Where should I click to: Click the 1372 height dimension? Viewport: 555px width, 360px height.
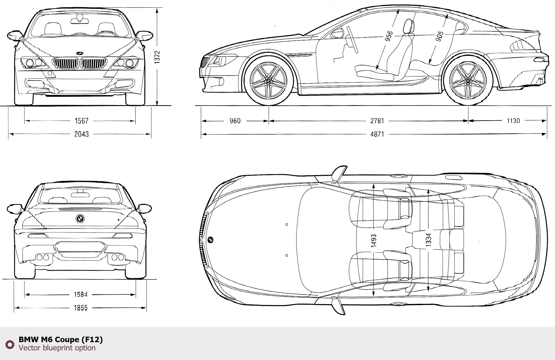coord(157,57)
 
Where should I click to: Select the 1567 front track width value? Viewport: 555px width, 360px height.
coord(82,121)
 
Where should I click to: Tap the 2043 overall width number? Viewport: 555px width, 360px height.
coord(82,134)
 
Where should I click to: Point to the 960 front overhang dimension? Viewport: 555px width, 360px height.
coord(235,121)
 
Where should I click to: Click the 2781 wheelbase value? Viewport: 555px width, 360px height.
coord(377,121)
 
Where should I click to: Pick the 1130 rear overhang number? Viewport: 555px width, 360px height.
coord(513,121)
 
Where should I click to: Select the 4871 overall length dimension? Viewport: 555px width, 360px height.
coord(377,134)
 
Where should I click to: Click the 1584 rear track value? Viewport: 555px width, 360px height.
coord(81,294)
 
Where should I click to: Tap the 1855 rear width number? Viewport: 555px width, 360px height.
coord(81,308)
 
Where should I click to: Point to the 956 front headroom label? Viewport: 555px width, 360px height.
coord(389,36)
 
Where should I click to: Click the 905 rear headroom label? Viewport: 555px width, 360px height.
coord(439,36)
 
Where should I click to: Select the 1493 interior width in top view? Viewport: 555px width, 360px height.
coord(374,241)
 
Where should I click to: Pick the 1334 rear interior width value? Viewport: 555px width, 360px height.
coord(428,240)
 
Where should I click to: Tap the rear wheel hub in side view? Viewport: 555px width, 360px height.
coord(468,80)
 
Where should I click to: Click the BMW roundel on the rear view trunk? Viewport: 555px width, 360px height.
coord(80,219)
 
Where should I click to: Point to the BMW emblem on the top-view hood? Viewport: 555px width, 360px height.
coord(211,240)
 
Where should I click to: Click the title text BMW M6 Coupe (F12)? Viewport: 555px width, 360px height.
coord(61,339)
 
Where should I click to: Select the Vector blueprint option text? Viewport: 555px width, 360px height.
coord(57,348)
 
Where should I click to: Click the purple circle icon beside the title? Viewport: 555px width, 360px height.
coord(10,344)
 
